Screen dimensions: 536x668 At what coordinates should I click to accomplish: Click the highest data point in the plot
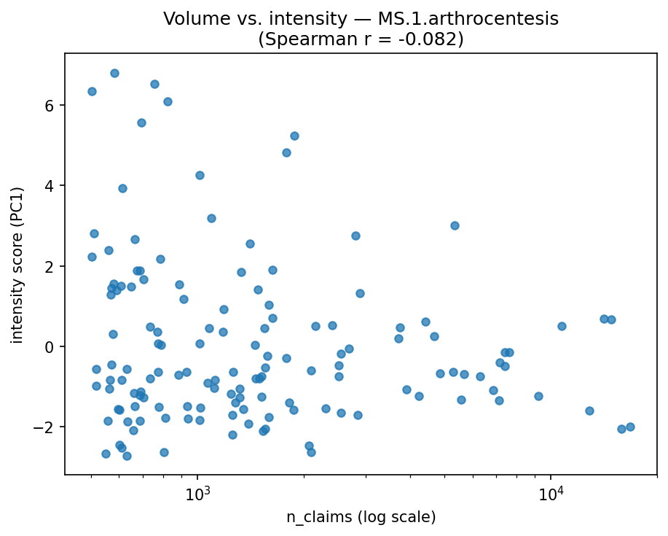114,73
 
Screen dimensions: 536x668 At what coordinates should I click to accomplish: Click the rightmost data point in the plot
630,427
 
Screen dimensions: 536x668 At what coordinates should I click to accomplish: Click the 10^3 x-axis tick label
197,493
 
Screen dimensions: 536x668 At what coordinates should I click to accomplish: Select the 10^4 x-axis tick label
551,493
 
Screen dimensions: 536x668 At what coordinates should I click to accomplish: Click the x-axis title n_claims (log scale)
361,518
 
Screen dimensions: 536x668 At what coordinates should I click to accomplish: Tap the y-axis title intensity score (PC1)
17,265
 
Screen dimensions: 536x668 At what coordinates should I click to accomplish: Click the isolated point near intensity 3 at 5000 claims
455,225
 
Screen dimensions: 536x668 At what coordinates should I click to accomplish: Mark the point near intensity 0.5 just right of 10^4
562,326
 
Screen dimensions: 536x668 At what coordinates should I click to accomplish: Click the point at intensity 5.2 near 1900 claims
294,136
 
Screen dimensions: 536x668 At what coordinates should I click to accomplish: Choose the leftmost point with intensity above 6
92,91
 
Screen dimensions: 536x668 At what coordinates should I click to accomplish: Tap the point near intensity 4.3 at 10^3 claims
200,175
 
